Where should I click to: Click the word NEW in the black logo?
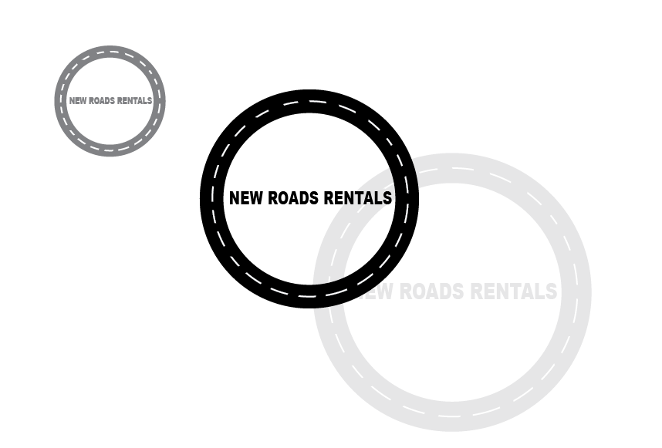tap(245, 198)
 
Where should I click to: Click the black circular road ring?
tap(309, 101)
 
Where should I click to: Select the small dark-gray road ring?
tap(110, 52)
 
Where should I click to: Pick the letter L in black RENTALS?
tap(378, 198)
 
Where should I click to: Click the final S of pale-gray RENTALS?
tap(551, 291)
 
